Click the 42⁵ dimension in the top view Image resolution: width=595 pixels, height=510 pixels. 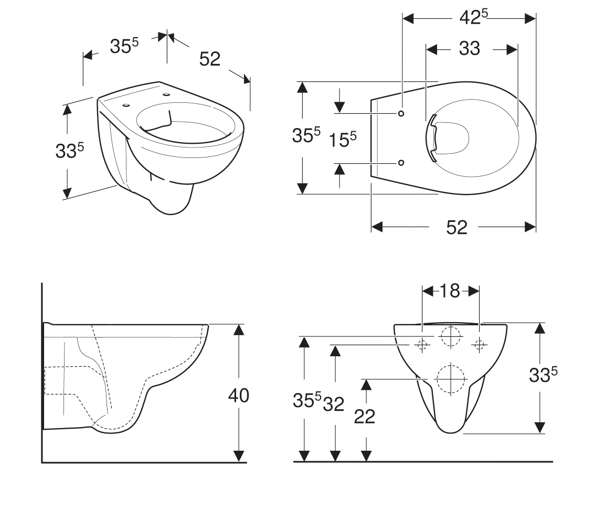coord(474,17)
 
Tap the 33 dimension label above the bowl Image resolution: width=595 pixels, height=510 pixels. coord(470,49)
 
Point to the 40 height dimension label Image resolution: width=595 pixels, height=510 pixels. coord(239,396)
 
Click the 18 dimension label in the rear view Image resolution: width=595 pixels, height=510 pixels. coord(450,291)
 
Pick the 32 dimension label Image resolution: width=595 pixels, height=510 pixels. coord(334,404)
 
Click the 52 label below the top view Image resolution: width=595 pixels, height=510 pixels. coord(456,227)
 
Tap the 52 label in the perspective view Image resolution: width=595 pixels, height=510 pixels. coord(210,59)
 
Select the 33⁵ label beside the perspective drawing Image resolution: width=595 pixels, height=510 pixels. coord(69,150)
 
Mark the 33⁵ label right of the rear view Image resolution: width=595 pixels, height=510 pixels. coord(544,375)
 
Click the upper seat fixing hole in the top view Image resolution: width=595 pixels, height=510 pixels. coord(401,113)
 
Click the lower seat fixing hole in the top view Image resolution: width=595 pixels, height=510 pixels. coord(401,163)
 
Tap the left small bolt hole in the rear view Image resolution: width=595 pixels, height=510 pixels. coord(422,345)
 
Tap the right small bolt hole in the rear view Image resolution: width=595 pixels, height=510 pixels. coord(479,345)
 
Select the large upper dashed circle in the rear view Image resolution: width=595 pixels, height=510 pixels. coord(450,326)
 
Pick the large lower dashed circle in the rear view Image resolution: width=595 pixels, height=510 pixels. coord(450,365)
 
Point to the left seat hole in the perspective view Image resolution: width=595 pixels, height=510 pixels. coord(126,105)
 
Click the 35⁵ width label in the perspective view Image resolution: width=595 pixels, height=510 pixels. coord(124,46)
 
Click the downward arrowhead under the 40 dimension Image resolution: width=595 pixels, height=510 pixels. coord(239,455)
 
